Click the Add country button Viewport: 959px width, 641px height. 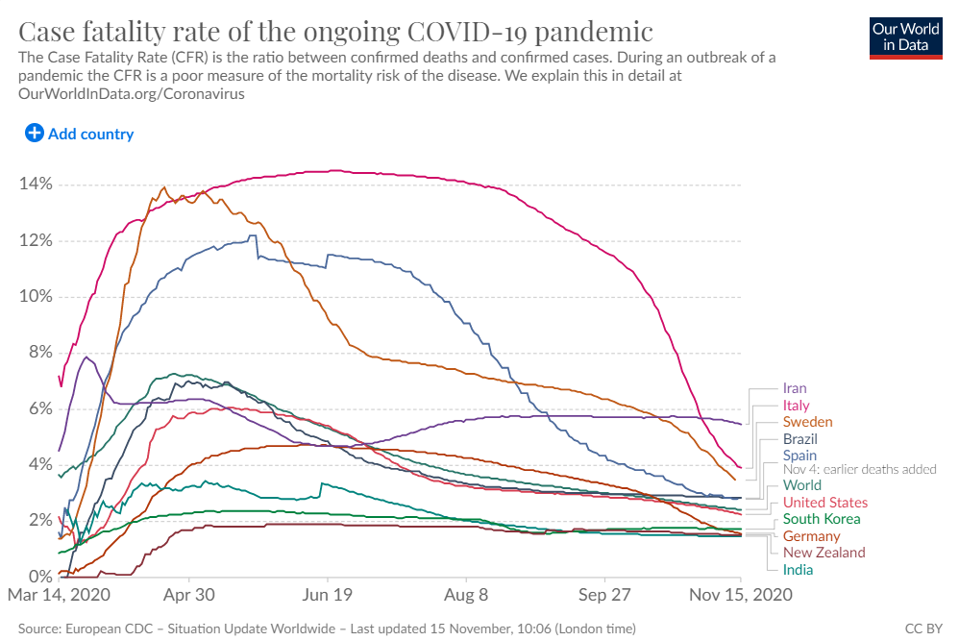[x=80, y=134]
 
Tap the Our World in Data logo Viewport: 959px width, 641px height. [x=905, y=37]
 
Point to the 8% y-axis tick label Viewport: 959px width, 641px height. [x=37, y=353]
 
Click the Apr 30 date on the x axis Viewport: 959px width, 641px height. [x=189, y=595]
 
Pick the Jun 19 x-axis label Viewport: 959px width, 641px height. [x=328, y=595]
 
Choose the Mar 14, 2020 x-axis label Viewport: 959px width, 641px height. [x=59, y=595]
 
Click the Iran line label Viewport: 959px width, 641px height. [x=795, y=389]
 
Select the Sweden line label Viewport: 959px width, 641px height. [x=807, y=422]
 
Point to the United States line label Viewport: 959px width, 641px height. [x=824, y=503]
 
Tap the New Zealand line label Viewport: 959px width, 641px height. [x=824, y=553]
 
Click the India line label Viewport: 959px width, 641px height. [x=798, y=570]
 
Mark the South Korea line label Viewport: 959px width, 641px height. [x=822, y=519]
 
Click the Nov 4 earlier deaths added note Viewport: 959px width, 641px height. [x=859, y=469]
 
